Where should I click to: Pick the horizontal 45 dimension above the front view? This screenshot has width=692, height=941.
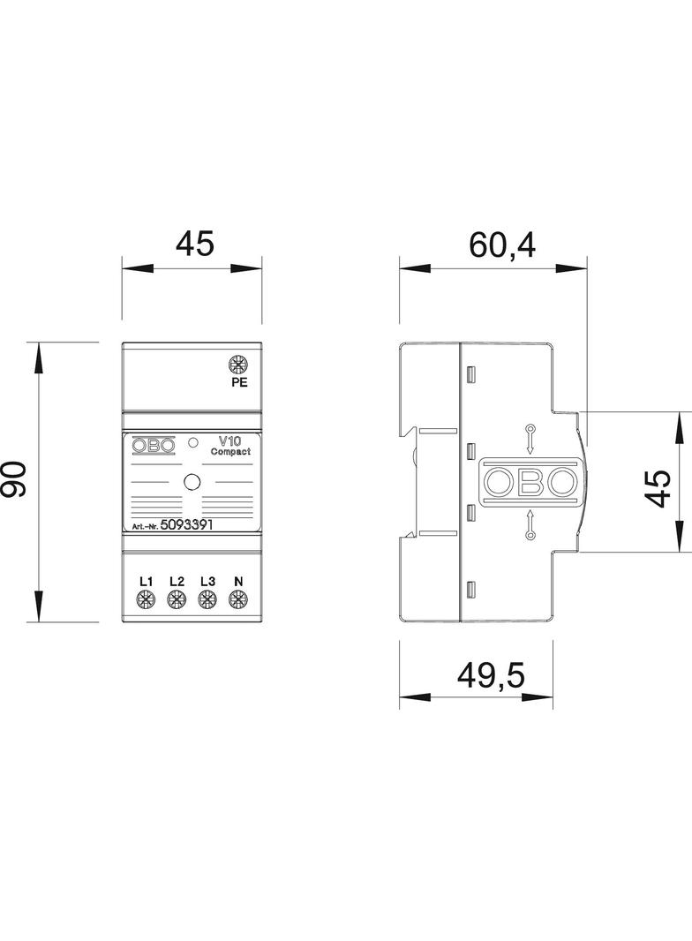(193, 245)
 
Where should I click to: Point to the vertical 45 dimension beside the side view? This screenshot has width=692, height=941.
(658, 481)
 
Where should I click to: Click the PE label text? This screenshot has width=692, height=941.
(238, 383)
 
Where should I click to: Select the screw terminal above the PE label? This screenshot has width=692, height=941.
(237, 364)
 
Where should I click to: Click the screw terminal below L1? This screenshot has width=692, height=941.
(147, 601)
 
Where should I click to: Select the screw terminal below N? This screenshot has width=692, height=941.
(237, 601)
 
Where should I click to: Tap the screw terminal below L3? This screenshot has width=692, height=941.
(207, 601)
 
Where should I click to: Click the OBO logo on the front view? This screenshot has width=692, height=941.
(154, 447)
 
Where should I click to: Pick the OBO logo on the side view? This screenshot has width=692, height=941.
(529, 481)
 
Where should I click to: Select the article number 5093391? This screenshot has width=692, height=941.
(188, 524)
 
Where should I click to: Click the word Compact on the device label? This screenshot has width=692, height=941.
(230, 451)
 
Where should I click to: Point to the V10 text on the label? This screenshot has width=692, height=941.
(230, 439)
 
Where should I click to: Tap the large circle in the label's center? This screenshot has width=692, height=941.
(192, 482)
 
